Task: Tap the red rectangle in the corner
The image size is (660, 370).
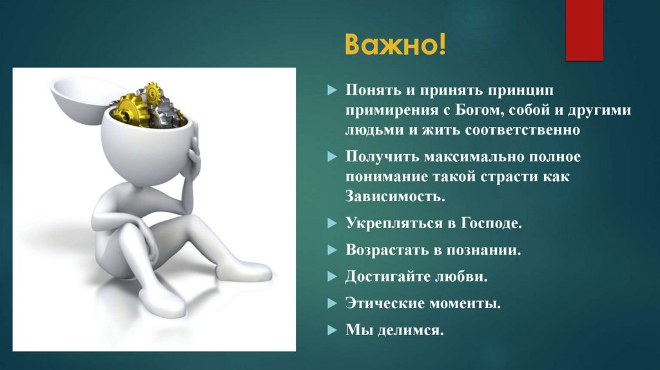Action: point(584,30)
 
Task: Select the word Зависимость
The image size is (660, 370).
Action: point(395,195)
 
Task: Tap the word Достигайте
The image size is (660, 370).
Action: point(387,277)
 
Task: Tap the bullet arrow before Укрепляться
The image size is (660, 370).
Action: point(332,224)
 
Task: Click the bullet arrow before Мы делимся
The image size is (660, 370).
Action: point(332,331)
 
